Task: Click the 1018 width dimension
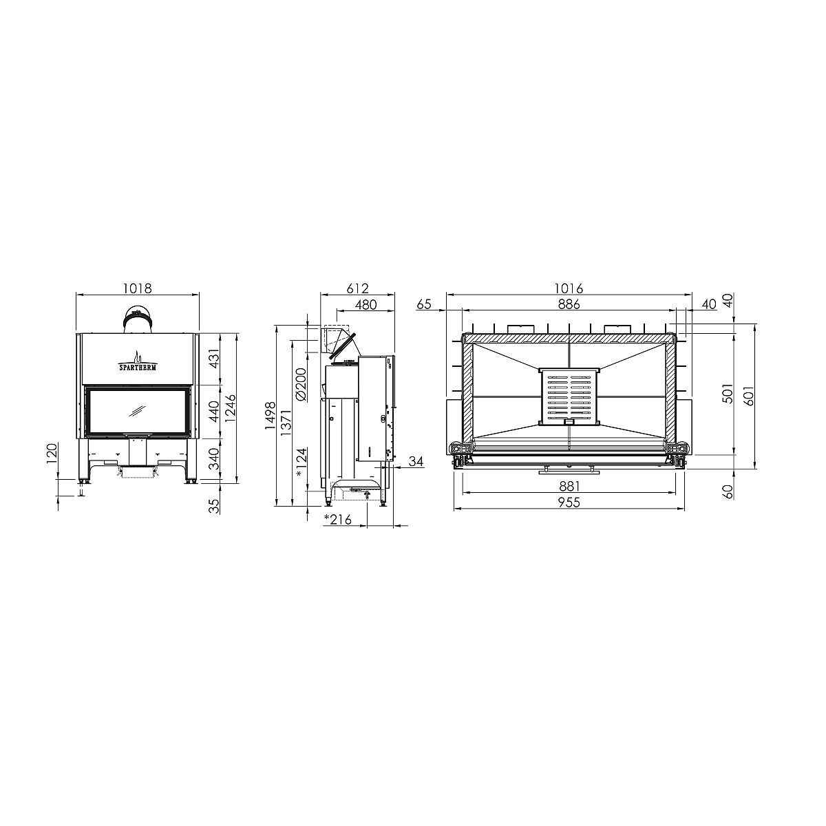(138, 288)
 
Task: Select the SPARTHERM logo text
(138, 367)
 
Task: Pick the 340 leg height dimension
(214, 458)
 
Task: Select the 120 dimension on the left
(52, 455)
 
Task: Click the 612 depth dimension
(357, 288)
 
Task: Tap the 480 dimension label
(366, 304)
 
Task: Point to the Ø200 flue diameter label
(301, 384)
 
